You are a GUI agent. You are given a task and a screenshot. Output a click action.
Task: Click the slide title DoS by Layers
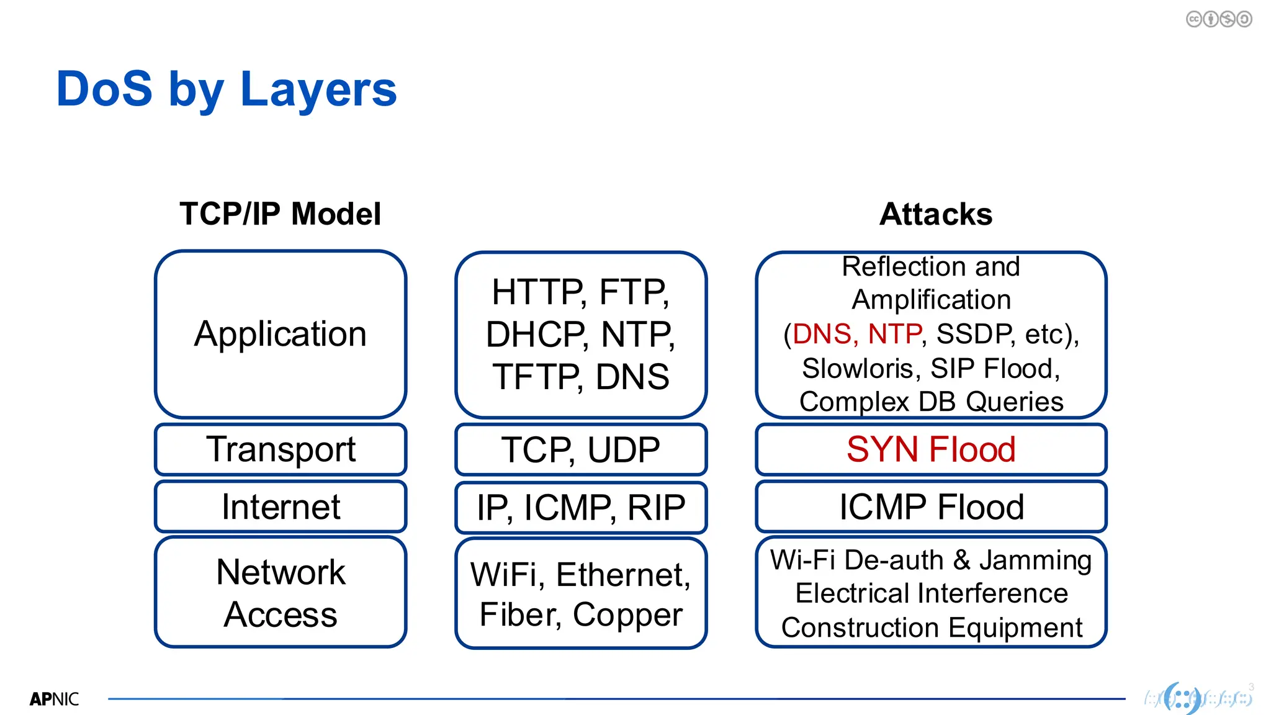click(x=226, y=89)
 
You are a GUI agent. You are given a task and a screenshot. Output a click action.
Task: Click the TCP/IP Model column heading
click(x=280, y=214)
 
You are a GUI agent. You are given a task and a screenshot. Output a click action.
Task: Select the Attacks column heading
click(x=935, y=214)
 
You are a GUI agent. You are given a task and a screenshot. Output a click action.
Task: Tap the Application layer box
click(x=281, y=334)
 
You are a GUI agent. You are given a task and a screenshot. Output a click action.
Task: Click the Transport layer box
click(x=281, y=449)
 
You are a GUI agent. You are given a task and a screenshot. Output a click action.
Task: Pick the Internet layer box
click(x=281, y=506)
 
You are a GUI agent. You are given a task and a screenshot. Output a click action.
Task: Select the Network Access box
click(x=281, y=593)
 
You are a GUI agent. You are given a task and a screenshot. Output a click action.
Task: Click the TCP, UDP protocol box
click(x=580, y=449)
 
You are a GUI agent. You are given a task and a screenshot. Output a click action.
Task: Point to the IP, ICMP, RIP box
click(x=580, y=507)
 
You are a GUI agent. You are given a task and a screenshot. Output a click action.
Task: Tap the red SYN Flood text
click(x=930, y=449)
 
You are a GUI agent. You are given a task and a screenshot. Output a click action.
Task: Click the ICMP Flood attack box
click(x=930, y=506)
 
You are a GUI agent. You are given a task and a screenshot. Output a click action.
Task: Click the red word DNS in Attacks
click(x=822, y=334)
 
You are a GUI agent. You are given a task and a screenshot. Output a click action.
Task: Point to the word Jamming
click(x=1035, y=560)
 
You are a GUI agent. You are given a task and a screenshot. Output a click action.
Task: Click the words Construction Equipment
click(x=932, y=627)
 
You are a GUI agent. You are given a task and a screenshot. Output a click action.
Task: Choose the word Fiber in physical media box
click(x=519, y=614)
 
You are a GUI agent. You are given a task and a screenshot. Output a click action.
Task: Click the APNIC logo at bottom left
click(x=54, y=699)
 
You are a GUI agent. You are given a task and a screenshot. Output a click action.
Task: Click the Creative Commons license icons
click(x=1218, y=19)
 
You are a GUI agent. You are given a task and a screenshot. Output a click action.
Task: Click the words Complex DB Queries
click(x=931, y=402)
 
